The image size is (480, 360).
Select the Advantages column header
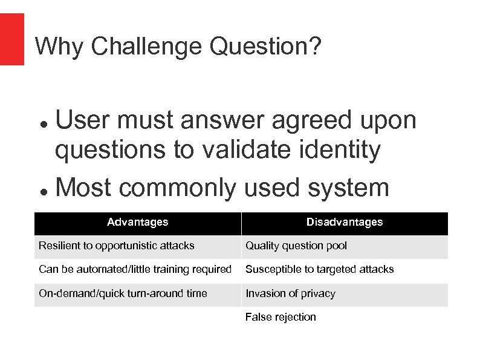click(137, 223)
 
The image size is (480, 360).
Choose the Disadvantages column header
click(344, 223)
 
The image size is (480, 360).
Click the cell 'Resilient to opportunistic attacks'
click(117, 246)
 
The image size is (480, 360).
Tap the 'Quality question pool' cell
click(296, 246)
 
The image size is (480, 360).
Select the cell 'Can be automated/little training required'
click(135, 269)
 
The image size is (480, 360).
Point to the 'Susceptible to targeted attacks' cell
click(319, 269)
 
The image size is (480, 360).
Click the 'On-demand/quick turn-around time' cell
click(123, 293)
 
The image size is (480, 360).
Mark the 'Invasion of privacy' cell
click(290, 293)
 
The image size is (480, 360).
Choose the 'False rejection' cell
click(281, 317)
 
